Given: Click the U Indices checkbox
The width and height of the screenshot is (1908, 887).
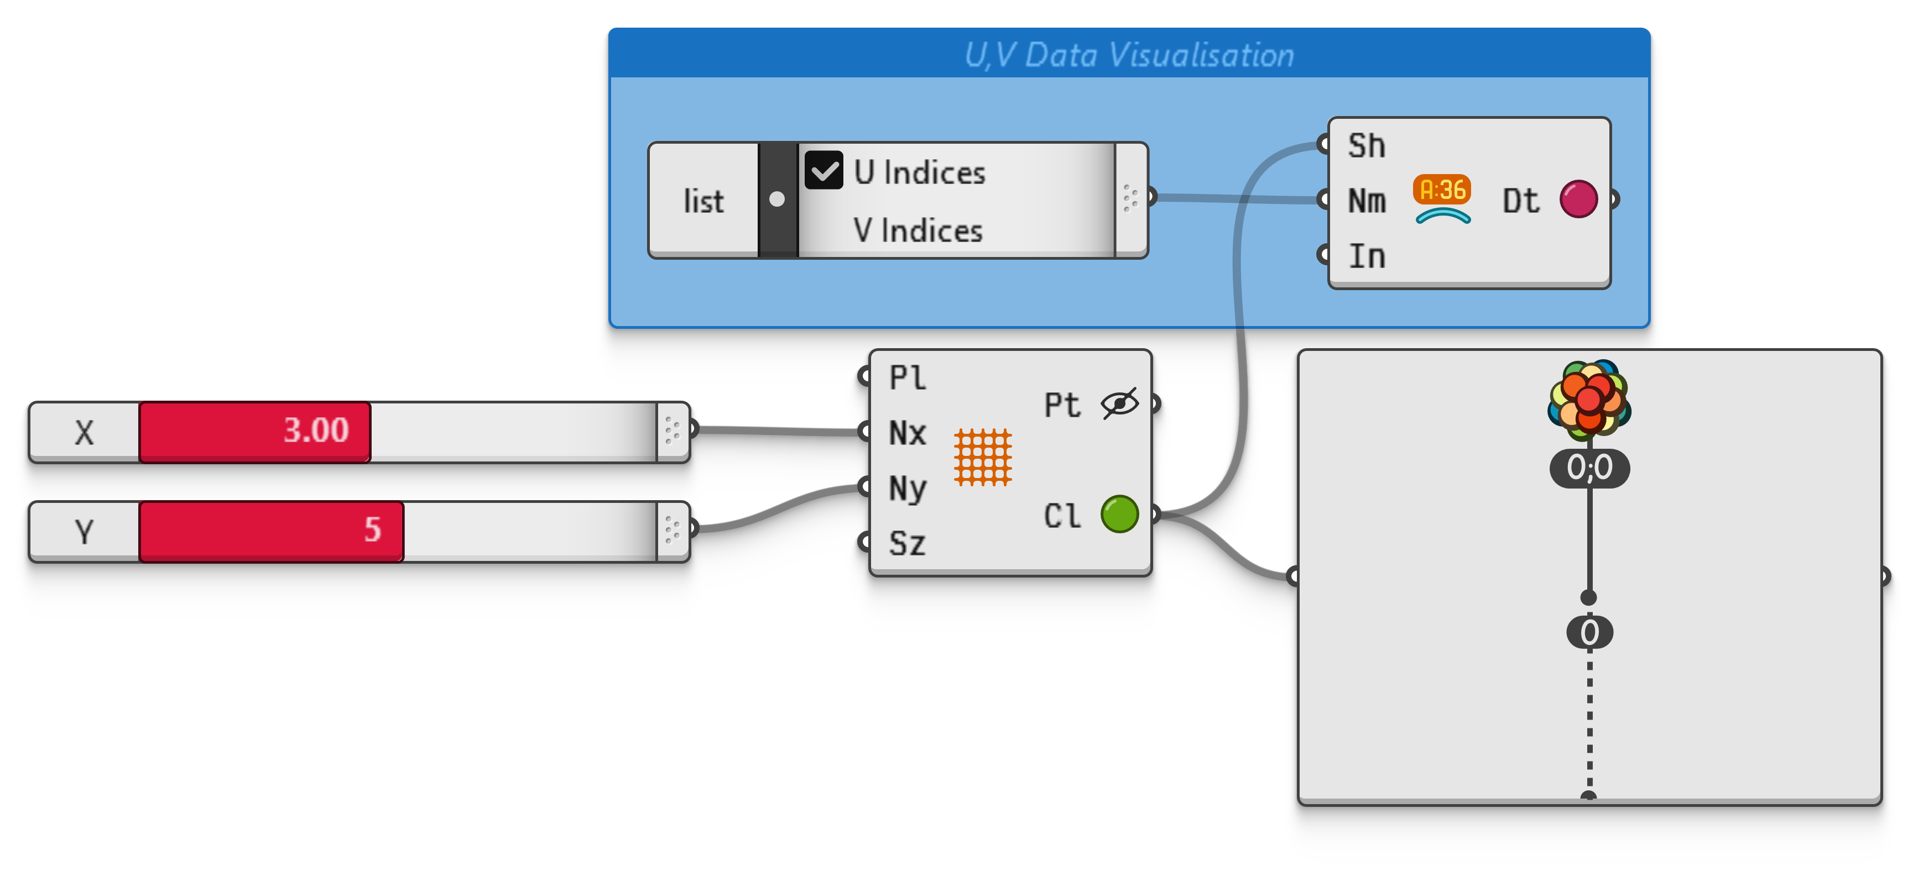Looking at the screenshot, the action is pos(823,171).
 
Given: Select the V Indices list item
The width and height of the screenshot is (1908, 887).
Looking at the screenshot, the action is pos(917,230).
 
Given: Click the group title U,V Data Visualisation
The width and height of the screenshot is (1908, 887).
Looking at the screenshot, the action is pos(1129,55).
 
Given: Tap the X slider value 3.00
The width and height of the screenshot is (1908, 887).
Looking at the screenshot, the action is pos(316,430).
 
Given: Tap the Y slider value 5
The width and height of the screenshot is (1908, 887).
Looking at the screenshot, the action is pos(373,529).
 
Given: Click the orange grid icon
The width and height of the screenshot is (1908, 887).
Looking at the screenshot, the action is pos(983,457).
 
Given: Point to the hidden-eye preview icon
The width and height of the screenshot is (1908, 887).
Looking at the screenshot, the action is pos(1119,403).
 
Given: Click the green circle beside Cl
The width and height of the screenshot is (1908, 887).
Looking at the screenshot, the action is pos(1119,514).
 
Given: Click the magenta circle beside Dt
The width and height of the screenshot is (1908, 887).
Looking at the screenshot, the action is pos(1578,199).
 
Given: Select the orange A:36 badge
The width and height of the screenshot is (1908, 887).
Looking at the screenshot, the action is pos(1442,190).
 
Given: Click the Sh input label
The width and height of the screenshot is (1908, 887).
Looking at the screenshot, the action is pos(1367,146).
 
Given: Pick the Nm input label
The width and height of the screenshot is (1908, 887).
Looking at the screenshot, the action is pos(1367,201).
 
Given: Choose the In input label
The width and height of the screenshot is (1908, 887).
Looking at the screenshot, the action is pos(1367,256).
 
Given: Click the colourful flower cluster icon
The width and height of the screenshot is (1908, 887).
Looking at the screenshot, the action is pos(1589,399).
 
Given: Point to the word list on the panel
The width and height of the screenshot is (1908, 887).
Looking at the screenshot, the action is pos(703,201).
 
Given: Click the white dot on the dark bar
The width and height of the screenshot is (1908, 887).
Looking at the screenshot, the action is pos(777,199).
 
